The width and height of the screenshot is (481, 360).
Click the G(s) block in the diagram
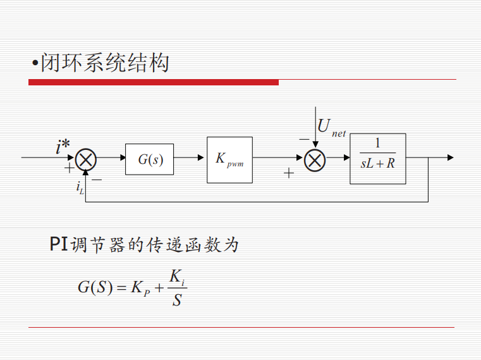[149, 159]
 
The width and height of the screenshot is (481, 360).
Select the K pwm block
[230, 160]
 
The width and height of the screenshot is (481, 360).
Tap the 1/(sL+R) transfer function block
[378, 159]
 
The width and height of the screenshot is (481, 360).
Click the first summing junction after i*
[86, 159]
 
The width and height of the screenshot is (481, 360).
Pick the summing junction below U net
[315, 160]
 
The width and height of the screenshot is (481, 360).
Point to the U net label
[332, 127]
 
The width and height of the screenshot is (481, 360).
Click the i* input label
[63, 146]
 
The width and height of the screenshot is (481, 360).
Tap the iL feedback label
[80, 187]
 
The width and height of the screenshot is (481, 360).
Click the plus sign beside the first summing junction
[70, 168]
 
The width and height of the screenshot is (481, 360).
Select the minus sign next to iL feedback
[97, 180]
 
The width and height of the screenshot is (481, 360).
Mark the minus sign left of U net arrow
[304, 139]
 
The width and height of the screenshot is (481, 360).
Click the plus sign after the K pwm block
[289, 173]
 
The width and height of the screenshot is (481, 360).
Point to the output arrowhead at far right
[450, 158]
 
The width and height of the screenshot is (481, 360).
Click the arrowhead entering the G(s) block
[123, 158]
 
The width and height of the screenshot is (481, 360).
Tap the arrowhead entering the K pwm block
[200, 158]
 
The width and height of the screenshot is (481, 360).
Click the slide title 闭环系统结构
[104, 63]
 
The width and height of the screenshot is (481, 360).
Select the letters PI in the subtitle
[59, 244]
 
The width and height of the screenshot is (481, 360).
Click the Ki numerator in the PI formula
[177, 277]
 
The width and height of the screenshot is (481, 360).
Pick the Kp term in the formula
[140, 289]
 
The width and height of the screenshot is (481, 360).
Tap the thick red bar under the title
[154, 82]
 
